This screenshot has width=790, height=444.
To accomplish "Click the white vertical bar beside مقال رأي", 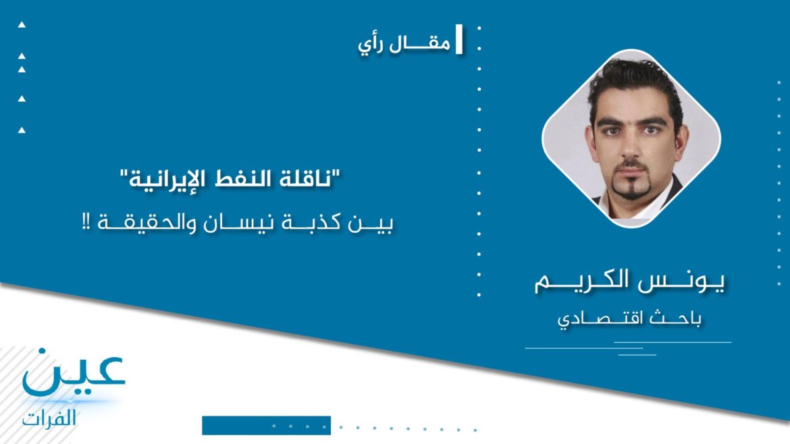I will pos(460,40).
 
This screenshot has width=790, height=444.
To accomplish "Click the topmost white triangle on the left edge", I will pos(22,25).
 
